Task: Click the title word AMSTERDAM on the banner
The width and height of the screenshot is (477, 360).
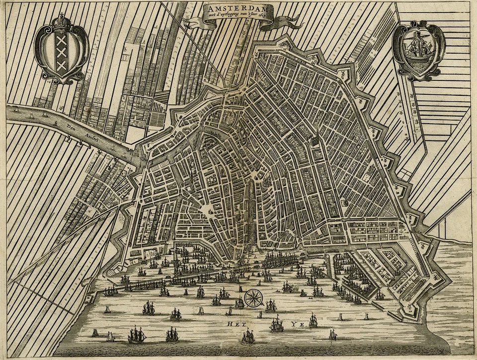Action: tap(238, 9)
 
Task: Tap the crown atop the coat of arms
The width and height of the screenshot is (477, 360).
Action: tap(62, 22)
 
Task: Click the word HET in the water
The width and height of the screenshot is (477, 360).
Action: tap(234, 324)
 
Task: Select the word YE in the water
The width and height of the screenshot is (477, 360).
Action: tap(297, 324)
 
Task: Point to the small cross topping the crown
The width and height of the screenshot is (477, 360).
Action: tap(62, 15)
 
